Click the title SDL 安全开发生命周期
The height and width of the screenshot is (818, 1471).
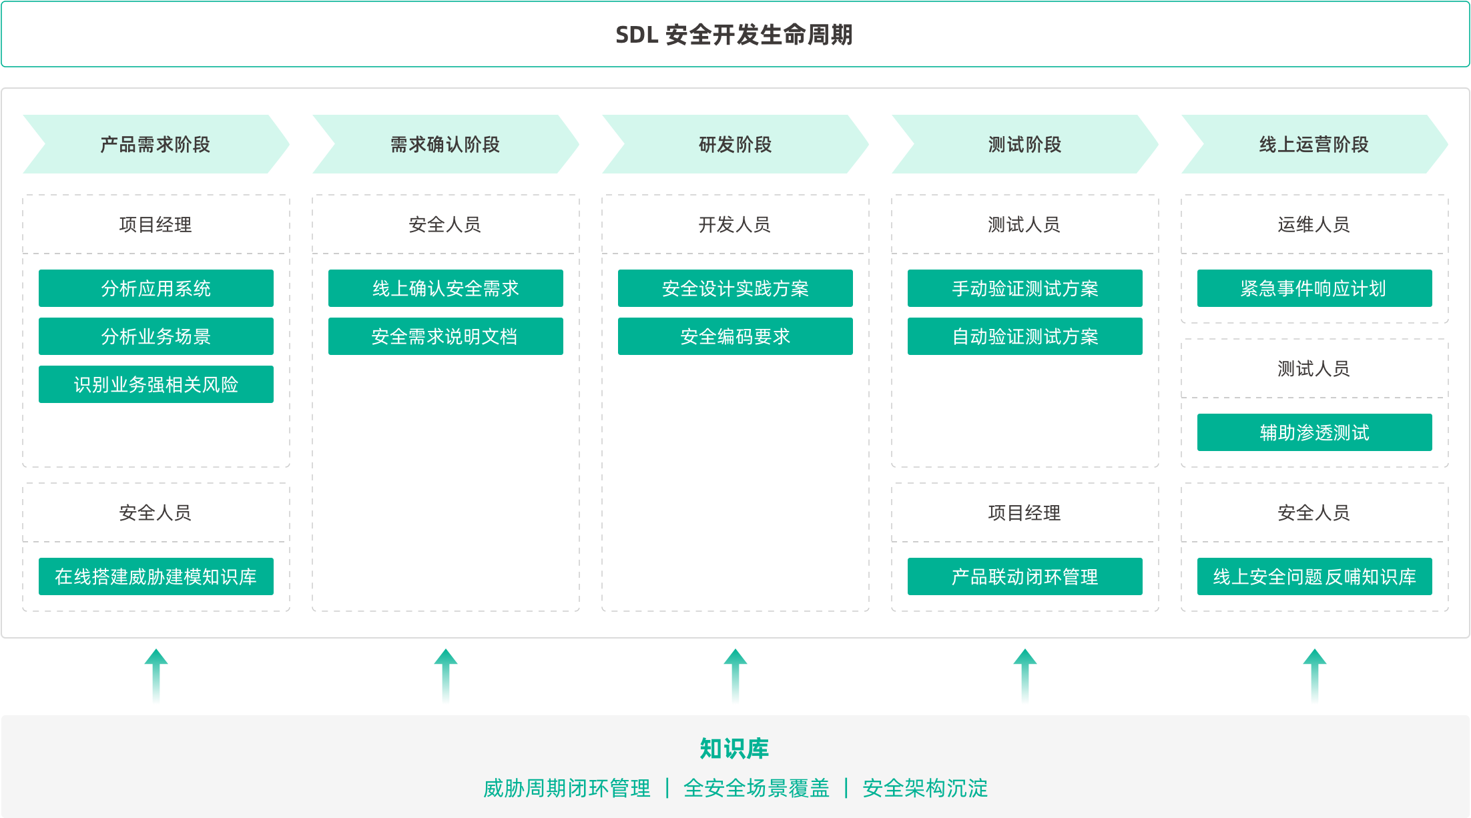(734, 35)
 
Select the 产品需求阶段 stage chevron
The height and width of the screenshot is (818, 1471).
(156, 144)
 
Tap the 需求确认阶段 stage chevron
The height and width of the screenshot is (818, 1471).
(445, 144)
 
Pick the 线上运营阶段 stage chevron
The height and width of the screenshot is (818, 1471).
(1314, 144)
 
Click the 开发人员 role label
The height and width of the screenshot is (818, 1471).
(734, 225)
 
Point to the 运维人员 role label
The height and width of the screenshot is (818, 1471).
(1313, 225)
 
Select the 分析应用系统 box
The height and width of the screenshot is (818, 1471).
(156, 288)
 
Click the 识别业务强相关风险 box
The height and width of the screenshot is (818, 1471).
(156, 384)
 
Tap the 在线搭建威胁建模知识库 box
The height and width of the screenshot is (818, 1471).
(156, 576)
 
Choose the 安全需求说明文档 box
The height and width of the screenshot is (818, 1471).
(445, 336)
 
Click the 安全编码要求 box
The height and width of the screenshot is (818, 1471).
(735, 336)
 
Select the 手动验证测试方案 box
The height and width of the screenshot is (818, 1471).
(1024, 288)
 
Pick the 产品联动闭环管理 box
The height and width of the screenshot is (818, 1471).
(1024, 576)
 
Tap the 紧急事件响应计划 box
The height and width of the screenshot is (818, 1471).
(1314, 288)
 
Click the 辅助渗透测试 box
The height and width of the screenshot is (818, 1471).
(1314, 432)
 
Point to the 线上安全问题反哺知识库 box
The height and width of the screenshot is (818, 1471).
(1314, 576)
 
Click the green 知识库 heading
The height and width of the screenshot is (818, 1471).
(734, 749)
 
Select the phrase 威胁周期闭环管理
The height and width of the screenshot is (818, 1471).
(567, 789)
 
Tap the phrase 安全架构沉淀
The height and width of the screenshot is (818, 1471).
(925, 789)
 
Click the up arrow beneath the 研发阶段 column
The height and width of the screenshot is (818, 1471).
(735, 677)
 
